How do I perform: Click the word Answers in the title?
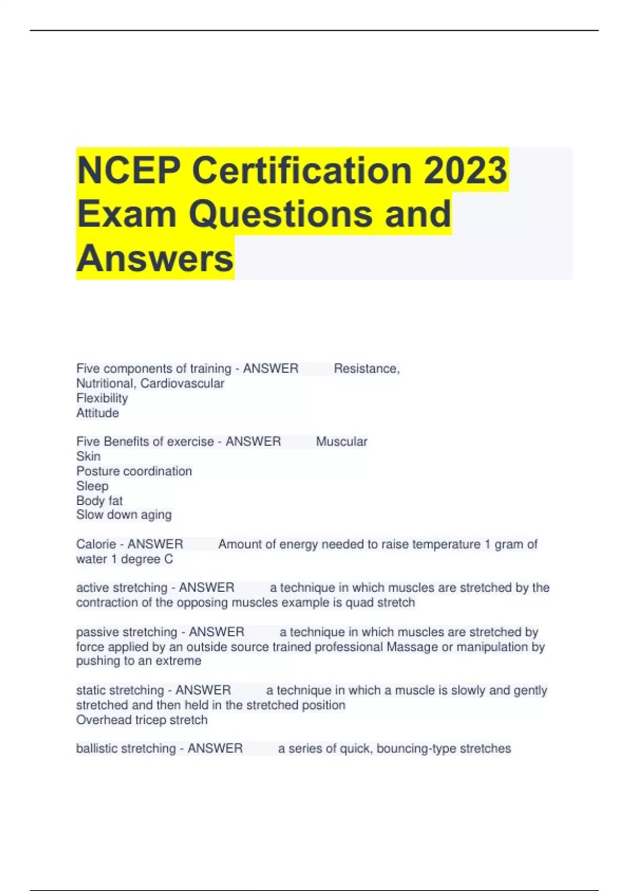click(x=155, y=258)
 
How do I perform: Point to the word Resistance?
click(x=366, y=369)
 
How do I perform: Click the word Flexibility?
click(x=102, y=398)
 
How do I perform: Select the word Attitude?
click(x=97, y=413)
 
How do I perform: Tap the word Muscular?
click(x=342, y=442)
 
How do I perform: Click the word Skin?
click(x=88, y=457)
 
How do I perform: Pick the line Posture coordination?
click(x=134, y=471)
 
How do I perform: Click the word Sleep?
click(x=92, y=486)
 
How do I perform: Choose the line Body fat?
click(x=100, y=501)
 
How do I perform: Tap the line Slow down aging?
click(x=124, y=515)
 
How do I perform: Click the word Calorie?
click(x=96, y=544)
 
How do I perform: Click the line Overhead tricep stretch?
click(x=142, y=720)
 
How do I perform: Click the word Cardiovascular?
click(x=182, y=384)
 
